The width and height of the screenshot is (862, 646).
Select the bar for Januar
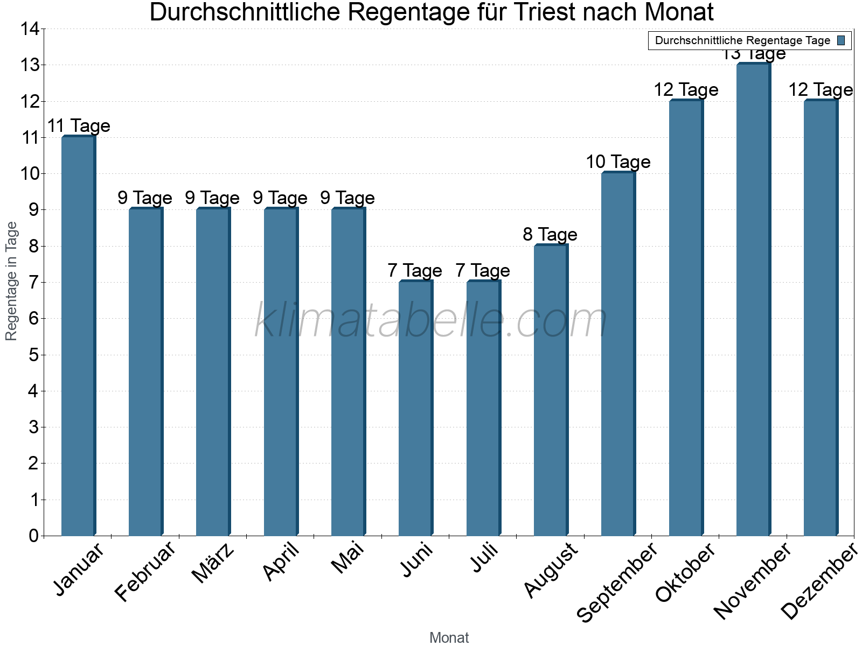point(78,336)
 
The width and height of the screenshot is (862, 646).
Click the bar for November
point(753,300)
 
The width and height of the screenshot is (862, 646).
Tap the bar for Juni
point(415,409)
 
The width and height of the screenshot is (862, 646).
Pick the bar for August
point(551,390)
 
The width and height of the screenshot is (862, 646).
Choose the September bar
point(618,354)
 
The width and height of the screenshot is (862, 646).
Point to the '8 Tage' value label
point(550,234)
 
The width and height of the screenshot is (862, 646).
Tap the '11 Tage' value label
point(79,125)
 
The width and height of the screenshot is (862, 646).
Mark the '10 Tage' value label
point(618,161)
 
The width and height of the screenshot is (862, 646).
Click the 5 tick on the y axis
point(34,355)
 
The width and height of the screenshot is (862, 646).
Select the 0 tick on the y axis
point(34,536)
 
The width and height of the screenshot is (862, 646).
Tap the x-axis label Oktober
point(685,573)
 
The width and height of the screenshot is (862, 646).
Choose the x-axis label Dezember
point(818,581)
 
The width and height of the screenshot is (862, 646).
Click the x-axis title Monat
point(449,637)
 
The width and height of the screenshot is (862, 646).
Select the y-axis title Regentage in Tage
point(11,281)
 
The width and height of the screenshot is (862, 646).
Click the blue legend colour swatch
point(841,40)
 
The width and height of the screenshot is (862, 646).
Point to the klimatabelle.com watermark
point(431,320)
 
